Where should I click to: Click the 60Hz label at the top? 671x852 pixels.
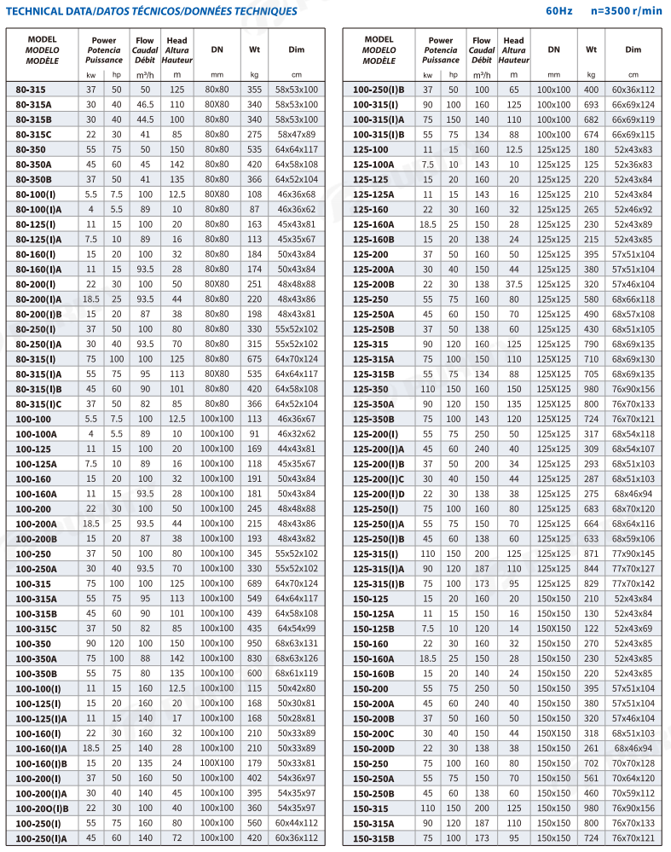561,11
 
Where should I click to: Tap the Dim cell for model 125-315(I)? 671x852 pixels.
633,554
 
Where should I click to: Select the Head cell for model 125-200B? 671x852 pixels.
513,284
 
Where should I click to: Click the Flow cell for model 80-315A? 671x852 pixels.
145,105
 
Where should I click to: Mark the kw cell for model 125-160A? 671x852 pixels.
428,224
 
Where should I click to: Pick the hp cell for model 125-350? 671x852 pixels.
453,389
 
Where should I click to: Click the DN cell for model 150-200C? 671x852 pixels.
554,733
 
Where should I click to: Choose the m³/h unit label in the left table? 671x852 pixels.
145,75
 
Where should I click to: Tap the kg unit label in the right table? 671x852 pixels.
591,75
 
